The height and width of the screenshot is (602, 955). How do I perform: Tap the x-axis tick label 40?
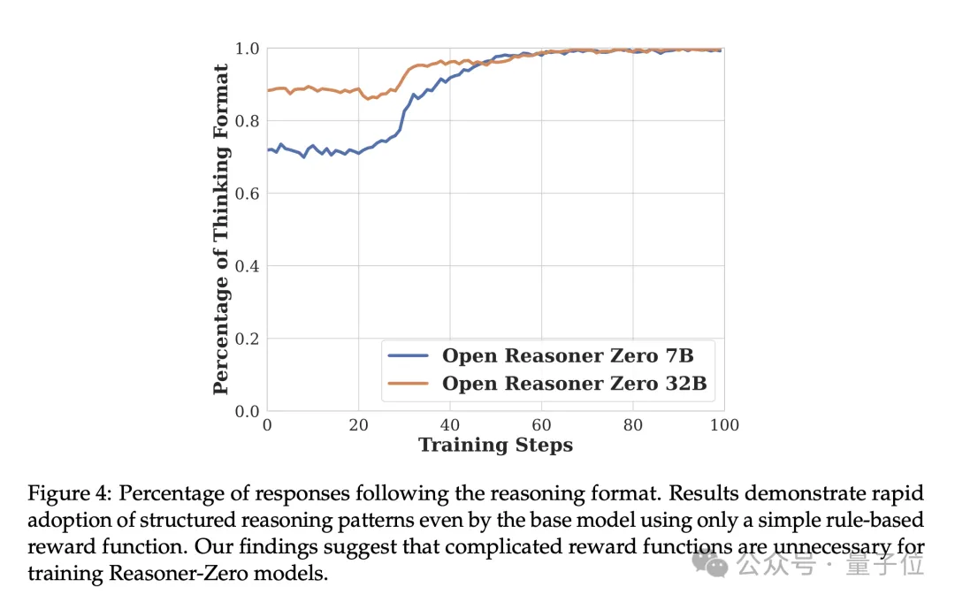(x=450, y=425)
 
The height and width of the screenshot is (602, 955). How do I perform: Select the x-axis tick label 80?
(x=632, y=425)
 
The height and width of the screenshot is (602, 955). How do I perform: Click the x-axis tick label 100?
(x=723, y=425)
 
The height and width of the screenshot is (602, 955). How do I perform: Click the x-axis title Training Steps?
(x=495, y=445)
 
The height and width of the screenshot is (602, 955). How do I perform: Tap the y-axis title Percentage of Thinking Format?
(x=221, y=229)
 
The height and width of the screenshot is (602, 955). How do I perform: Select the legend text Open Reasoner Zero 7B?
(x=567, y=356)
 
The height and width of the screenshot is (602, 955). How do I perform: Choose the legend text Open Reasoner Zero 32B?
(x=574, y=384)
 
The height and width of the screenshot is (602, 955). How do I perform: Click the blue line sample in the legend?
(x=409, y=356)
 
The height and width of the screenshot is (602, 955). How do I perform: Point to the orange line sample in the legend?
(x=409, y=384)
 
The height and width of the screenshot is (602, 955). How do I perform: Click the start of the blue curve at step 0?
(x=269, y=150)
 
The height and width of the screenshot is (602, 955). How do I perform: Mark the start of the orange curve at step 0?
(x=269, y=90)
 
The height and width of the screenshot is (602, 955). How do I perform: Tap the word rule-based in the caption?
(x=850, y=520)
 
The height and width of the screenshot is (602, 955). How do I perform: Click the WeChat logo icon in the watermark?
(x=710, y=563)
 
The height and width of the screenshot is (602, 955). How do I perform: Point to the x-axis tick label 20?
(x=359, y=425)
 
